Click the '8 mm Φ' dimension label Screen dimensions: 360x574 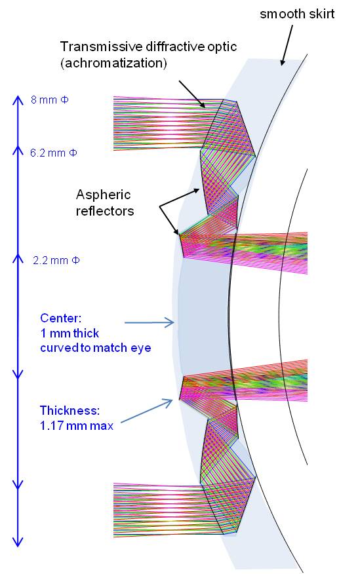pos(49,100)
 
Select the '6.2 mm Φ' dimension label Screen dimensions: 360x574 pos(54,153)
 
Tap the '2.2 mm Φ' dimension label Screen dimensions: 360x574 pos(56,260)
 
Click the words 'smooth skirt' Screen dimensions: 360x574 pos(297,14)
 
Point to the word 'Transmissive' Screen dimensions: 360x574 pos(101,47)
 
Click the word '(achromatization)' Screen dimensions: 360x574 pos(114,63)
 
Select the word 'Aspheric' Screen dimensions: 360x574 pos(103,195)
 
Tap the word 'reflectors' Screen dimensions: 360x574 pos(105,210)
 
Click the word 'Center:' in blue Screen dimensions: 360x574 pos(60,318)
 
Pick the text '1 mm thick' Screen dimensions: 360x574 pos(70,333)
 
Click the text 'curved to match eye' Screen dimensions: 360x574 pos(96,347)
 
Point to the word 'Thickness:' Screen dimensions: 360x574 pos(70,410)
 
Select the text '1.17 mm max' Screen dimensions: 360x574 pos(77,425)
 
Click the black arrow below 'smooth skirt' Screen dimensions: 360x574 pos(287,45)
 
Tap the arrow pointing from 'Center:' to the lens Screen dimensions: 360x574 pos(150,322)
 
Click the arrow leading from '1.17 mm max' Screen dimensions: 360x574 pos(146,411)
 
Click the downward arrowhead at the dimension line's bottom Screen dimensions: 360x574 pos(18,542)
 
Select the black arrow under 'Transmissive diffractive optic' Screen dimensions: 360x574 pos(192,94)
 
